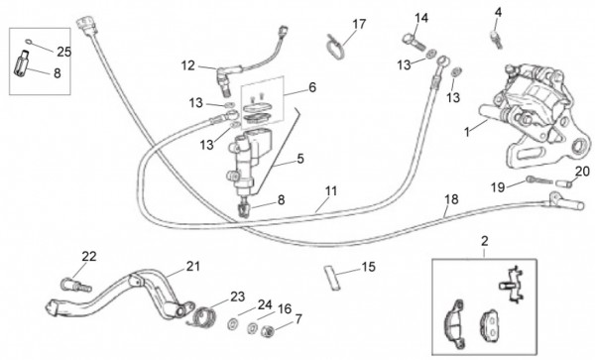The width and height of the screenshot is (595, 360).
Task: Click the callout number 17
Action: (359, 24)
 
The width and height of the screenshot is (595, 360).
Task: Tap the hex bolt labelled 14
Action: (414, 42)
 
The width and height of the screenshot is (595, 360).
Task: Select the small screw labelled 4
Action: (497, 40)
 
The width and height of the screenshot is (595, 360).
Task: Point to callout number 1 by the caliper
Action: (467, 132)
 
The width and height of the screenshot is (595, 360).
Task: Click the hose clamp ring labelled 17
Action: (335, 47)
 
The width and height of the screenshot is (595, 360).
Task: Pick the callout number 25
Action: (63, 52)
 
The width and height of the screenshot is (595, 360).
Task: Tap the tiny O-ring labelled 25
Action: (29, 41)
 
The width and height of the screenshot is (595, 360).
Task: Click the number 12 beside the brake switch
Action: (187, 65)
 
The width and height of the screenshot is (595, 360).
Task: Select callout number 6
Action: (312, 87)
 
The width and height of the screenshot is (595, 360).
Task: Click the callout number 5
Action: (300, 159)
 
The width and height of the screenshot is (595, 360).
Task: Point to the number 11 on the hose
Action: (331, 190)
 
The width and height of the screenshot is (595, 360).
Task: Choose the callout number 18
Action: (451, 199)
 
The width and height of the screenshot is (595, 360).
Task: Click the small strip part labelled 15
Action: (332, 278)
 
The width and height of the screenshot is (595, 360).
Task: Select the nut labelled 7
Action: (268, 332)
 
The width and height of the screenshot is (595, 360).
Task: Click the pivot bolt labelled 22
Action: (76, 285)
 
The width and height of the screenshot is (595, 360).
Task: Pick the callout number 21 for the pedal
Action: (192, 267)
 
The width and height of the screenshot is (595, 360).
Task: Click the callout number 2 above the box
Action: (484, 241)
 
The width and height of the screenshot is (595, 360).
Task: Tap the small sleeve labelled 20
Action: (564, 182)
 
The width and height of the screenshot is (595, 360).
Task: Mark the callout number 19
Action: (498, 187)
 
